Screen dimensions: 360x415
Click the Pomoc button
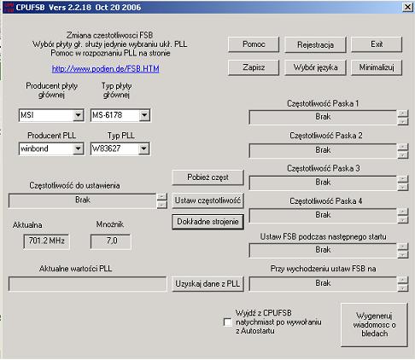(254, 44)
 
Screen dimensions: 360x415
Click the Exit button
(376, 44)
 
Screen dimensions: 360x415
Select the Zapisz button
(254, 67)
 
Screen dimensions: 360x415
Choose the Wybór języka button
(315, 67)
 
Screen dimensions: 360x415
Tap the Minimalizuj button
(376, 67)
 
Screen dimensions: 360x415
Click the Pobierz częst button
(208, 177)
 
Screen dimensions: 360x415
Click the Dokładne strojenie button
(208, 220)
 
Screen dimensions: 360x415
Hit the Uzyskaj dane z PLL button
(208, 283)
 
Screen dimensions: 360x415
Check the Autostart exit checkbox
(226, 322)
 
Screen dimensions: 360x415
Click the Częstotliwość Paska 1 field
(322, 117)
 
